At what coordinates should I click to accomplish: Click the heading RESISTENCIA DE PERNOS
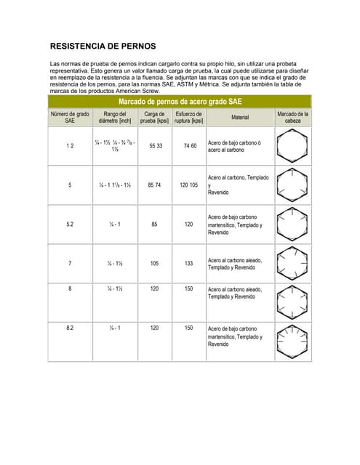103,46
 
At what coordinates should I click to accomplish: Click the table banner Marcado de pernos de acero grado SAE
180,102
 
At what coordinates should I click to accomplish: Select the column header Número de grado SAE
70,117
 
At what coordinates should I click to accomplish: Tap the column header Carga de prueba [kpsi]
154,117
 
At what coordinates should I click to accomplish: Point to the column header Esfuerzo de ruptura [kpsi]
189,117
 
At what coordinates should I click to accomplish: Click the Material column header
240,117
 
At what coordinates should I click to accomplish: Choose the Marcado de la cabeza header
293,117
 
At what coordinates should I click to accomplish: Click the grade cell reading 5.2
70,225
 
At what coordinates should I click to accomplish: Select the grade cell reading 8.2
70,328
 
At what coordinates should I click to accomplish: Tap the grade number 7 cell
70,263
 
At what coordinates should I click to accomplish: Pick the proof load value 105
154,263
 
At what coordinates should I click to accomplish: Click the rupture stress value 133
189,263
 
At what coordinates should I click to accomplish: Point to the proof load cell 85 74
154,185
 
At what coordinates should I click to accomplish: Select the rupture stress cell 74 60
190,146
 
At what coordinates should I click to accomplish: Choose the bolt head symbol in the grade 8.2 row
293,339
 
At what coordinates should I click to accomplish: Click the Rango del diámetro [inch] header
115,117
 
